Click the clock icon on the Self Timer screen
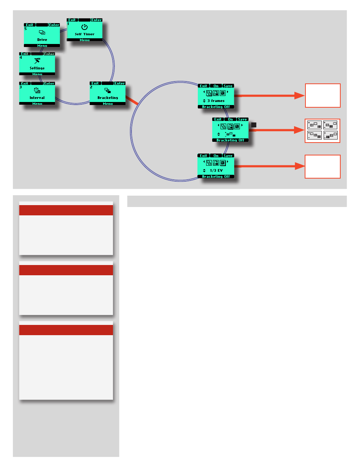point(85,27)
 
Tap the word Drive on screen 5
point(42,39)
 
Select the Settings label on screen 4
point(37,68)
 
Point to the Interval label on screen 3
point(37,97)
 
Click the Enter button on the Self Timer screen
point(97,20)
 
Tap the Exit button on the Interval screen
point(25,83)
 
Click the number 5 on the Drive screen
point(25,28)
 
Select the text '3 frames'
point(216,101)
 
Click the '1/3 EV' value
point(216,170)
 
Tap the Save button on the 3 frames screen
point(228,86)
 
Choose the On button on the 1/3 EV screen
point(216,156)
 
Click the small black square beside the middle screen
point(254,125)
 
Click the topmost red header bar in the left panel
point(66,210)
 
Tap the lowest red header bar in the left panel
point(66,330)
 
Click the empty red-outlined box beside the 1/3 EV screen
point(323,166)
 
